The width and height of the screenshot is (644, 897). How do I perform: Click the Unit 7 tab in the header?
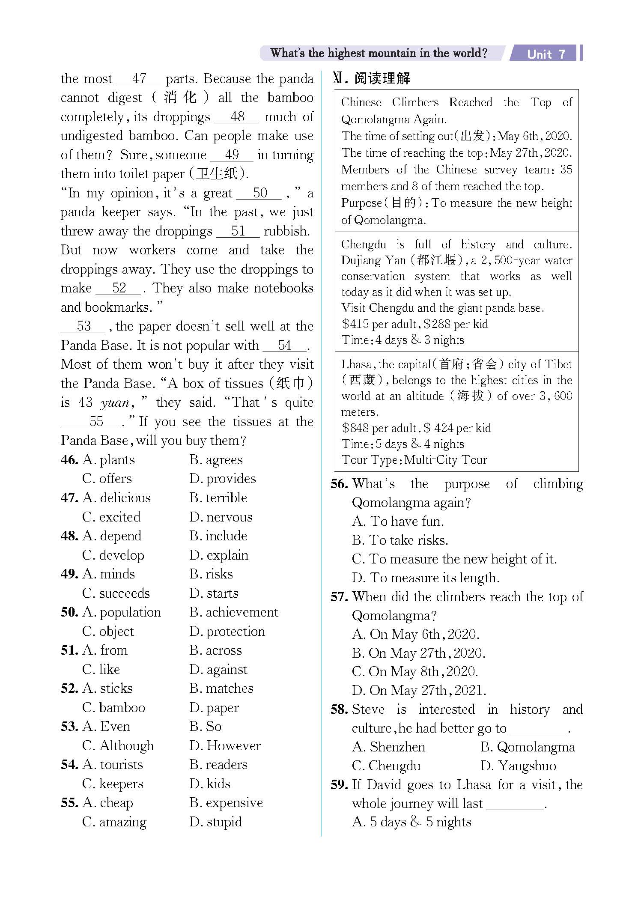click(546, 54)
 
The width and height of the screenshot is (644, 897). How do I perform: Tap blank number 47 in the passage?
click(139, 79)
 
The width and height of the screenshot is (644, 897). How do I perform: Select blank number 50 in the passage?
click(259, 193)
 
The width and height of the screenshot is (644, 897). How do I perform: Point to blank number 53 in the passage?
click(83, 326)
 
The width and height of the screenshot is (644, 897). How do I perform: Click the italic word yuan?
click(114, 402)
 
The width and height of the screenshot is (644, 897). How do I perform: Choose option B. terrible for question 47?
click(218, 498)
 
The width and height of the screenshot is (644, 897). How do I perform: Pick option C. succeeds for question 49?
click(116, 593)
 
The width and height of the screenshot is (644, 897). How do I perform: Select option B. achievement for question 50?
click(234, 612)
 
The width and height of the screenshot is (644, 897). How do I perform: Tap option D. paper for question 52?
click(214, 707)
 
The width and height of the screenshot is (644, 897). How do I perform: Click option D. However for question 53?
click(225, 745)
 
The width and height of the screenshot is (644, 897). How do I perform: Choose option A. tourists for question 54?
click(113, 764)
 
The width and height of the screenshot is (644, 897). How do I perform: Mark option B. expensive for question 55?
click(226, 802)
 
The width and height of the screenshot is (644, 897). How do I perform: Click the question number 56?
click(339, 484)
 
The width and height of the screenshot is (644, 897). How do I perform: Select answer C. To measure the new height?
click(454, 559)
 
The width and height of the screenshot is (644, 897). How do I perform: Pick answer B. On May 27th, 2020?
click(418, 653)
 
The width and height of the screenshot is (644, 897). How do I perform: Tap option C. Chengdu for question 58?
click(386, 766)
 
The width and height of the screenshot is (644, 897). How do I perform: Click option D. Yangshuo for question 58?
click(518, 766)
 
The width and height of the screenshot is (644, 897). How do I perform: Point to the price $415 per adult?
click(379, 324)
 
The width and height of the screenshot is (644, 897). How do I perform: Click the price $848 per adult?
click(379, 428)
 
